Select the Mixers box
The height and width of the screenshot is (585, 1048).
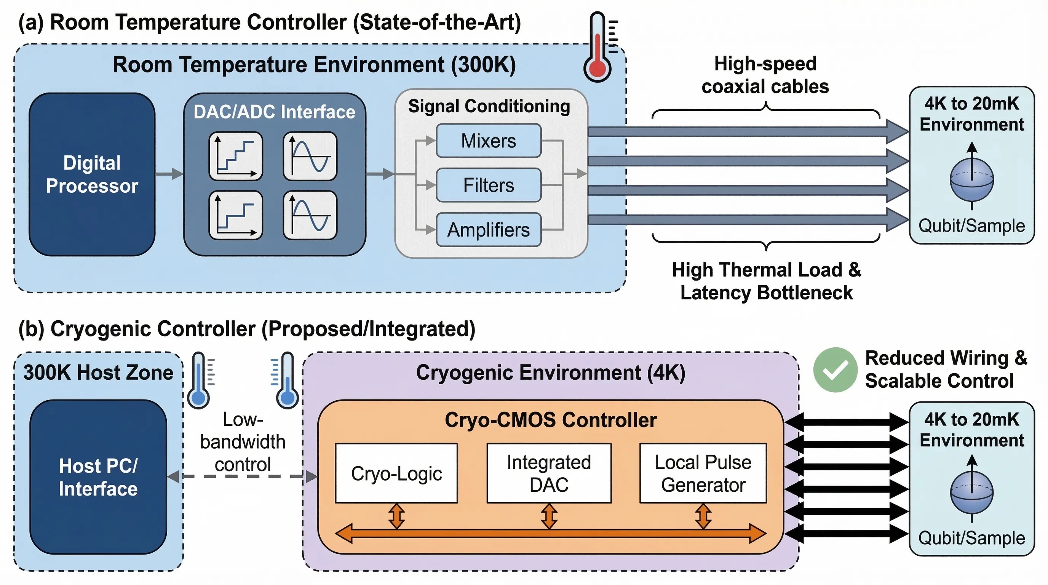pyautogui.click(x=488, y=141)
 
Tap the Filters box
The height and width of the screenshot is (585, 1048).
pyautogui.click(x=488, y=185)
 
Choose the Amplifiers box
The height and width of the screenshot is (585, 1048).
pyautogui.click(x=488, y=230)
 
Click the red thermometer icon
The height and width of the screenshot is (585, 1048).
pyautogui.click(x=597, y=49)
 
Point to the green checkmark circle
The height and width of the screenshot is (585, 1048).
pyautogui.click(x=835, y=369)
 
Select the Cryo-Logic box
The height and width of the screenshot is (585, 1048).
pyautogui.click(x=396, y=473)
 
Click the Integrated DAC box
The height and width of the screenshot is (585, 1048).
pyautogui.click(x=549, y=473)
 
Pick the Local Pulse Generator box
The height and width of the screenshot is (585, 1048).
pyautogui.click(x=703, y=473)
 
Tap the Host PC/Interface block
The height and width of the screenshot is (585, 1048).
pyautogui.click(x=98, y=477)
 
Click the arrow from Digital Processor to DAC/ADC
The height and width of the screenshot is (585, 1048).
pyautogui.click(x=169, y=174)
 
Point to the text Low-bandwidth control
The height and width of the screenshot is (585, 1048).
pyautogui.click(x=243, y=442)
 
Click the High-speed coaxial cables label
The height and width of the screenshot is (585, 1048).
pyautogui.click(x=765, y=75)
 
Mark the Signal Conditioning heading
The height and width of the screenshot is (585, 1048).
pyautogui.click(x=489, y=106)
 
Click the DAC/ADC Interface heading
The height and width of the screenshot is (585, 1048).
pyautogui.click(x=274, y=112)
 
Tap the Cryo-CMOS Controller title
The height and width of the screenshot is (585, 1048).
pyautogui.click(x=550, y=420)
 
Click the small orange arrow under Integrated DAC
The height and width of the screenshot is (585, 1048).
pyautogui.click(x=549, y=516)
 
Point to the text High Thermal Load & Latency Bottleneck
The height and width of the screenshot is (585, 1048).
pyautogui.click(x=766, y=281)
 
